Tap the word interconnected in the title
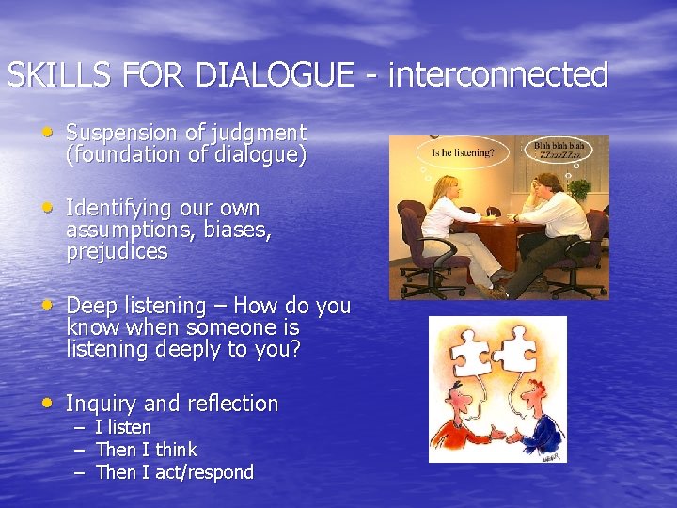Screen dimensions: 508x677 click(497, 74)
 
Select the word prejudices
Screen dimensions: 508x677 click(117, 252)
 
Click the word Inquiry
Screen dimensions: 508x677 click(102, 404)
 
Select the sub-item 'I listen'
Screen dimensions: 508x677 click(123, 427)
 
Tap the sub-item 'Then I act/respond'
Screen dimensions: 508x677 click(174, 472)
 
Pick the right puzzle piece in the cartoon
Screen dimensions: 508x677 click(516, 349)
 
